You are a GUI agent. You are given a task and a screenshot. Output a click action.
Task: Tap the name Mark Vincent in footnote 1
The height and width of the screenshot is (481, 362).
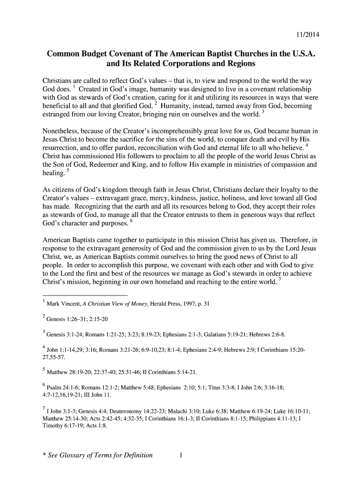pos(60,304)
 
